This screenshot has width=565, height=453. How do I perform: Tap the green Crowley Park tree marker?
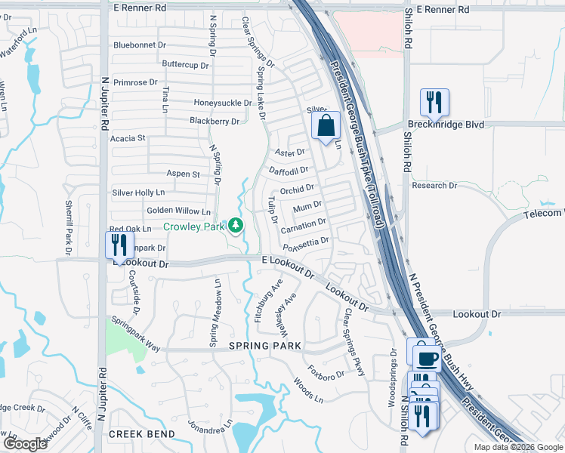pos(236,225)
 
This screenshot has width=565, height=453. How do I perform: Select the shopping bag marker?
pos(326,126)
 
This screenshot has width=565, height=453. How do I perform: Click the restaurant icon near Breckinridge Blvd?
pos(434,101)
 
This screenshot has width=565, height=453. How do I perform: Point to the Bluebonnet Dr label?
pos(140,45)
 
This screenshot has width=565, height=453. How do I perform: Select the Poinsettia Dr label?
pos(306,244)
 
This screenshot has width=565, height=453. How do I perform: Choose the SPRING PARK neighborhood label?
pos(265,346)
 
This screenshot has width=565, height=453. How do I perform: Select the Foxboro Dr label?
pos(326,371)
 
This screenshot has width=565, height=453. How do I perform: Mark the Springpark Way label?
pos(136,333)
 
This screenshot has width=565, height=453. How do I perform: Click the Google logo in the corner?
pos(25,443)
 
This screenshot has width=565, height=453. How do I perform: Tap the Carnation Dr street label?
pos(303,225)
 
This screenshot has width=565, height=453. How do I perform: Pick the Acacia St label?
pos(127,138)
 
